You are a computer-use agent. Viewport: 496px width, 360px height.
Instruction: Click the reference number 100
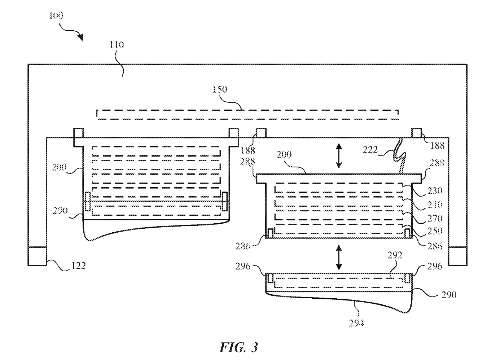tap(56, 16)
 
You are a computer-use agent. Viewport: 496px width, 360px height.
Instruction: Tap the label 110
tap(117, 45)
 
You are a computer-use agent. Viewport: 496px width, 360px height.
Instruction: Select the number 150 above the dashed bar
tap(220, 89)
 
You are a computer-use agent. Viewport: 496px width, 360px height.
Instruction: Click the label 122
tap(78, 266)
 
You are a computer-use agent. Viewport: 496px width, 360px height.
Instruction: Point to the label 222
tap(370, 150)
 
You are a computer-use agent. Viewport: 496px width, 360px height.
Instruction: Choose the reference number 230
tap(435, 191)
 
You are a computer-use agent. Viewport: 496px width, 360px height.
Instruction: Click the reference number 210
tap(435, 205)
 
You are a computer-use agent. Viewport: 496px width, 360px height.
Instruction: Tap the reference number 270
tap(435, 219)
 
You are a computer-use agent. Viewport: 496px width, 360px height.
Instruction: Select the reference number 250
tap(435, 231)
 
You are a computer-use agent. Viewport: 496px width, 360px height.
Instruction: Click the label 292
tap(395, 255)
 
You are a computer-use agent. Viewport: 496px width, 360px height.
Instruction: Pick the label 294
tap(356, 324)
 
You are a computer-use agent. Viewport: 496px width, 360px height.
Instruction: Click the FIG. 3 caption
tap(239, 347)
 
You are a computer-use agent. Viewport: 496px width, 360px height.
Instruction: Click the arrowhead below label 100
tap(81, 37)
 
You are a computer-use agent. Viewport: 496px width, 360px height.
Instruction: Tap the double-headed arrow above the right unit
tap(339, 155)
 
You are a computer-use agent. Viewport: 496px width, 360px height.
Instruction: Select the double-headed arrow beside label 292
tap(339, 257)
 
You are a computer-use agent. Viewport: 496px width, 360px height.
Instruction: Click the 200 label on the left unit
tap(59, 167)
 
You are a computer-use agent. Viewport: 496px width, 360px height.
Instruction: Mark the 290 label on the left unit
tap(60, 211)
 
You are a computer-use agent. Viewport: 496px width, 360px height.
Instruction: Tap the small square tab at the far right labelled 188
tap(416, 133)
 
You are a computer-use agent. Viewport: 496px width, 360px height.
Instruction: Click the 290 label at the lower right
tap(449, 295)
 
